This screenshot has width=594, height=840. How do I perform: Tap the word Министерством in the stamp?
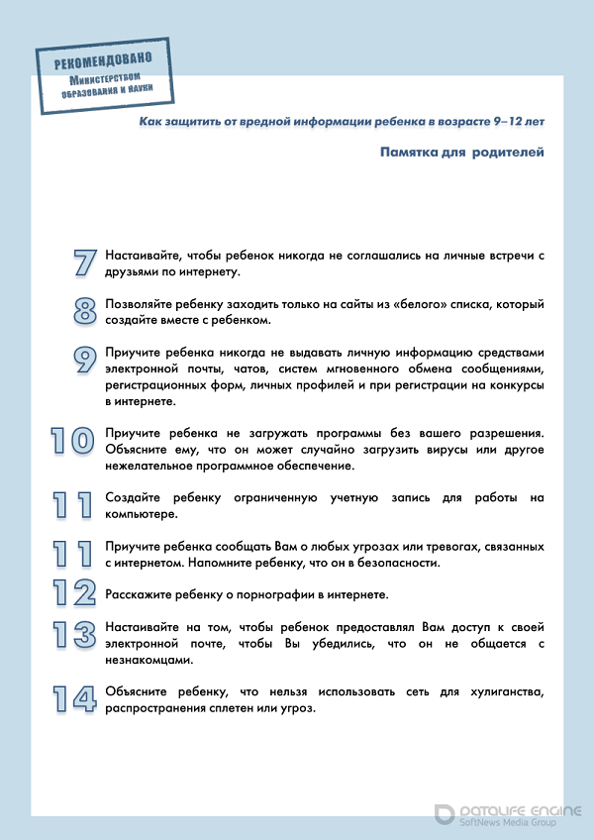point(111,79)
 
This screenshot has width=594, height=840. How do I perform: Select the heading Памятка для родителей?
point(461,153)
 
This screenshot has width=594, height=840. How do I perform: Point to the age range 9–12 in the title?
point(508,120)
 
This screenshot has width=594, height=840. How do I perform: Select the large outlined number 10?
point(73,441)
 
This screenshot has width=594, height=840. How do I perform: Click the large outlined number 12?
point(73,592)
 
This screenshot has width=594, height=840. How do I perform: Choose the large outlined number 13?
point(73,635)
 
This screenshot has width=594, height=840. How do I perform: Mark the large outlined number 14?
point(73,698)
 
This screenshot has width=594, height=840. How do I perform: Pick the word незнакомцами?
point(148,660)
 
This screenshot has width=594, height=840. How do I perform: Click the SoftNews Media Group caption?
point(519,822)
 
